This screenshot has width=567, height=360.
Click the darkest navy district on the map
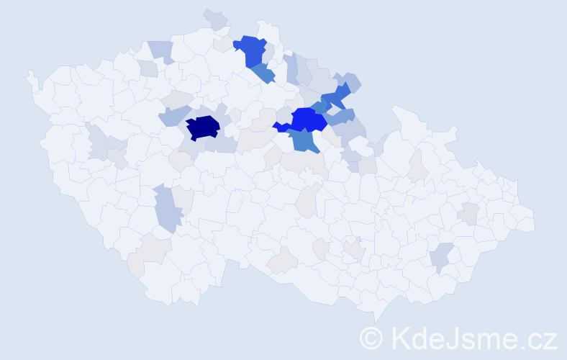(x=202, y=127)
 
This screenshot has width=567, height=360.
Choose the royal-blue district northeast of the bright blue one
(x=335, y=96)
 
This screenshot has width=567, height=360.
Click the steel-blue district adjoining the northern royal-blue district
(x=263, y=73)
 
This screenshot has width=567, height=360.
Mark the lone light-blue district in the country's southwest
(x=167, y=208)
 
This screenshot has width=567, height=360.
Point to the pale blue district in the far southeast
(x=442, y=256)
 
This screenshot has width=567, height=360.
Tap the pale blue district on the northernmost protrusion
(x=215, y=19)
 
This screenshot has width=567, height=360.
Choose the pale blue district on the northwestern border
(x=162, y=50)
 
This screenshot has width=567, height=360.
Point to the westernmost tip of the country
(x=28, y=73)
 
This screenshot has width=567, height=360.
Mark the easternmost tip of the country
(x=535, y=220)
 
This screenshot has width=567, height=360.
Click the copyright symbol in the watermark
(x=371, y=338)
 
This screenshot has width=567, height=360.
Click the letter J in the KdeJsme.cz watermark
(x=454, y=338)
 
